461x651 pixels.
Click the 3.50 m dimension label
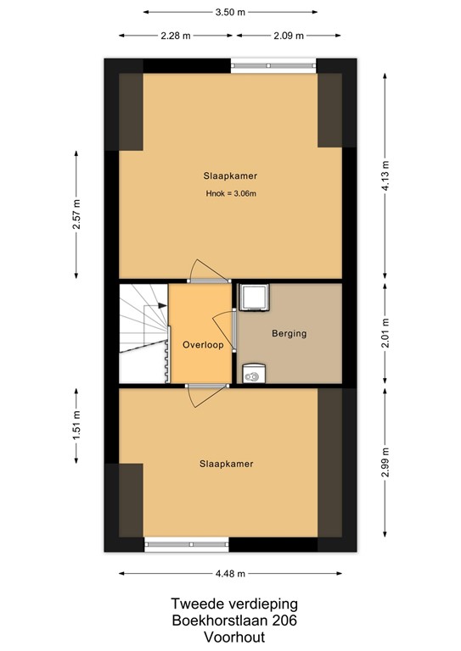(x=231, y=13)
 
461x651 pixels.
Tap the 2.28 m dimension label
(x=175, y=35)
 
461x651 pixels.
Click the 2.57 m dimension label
(x=76, y=215)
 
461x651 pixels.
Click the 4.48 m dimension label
(x=230, y=574)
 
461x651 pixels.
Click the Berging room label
(x=289, y=334)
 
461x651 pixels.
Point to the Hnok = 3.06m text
(x=230, y=194)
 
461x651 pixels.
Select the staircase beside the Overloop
(x=143, y=332)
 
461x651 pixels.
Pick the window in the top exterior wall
(x=273, y=64)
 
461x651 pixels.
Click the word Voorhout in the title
(x=230, y=636)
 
